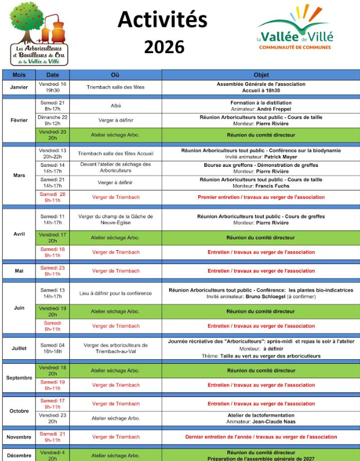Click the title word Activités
pos(162,19)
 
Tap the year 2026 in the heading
pos(164,46)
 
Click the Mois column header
pos(19,75)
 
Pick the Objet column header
pos(261,75)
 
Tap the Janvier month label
pos(19,87)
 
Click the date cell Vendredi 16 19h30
pos(53,87)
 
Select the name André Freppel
pos(274,109)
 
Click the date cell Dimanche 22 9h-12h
pos(53,120)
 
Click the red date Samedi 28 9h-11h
pos(53,197)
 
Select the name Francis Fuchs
pos(274,186)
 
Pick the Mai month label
pos(19,271)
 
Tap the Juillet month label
pos(19,348)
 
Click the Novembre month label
pos(19,437)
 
